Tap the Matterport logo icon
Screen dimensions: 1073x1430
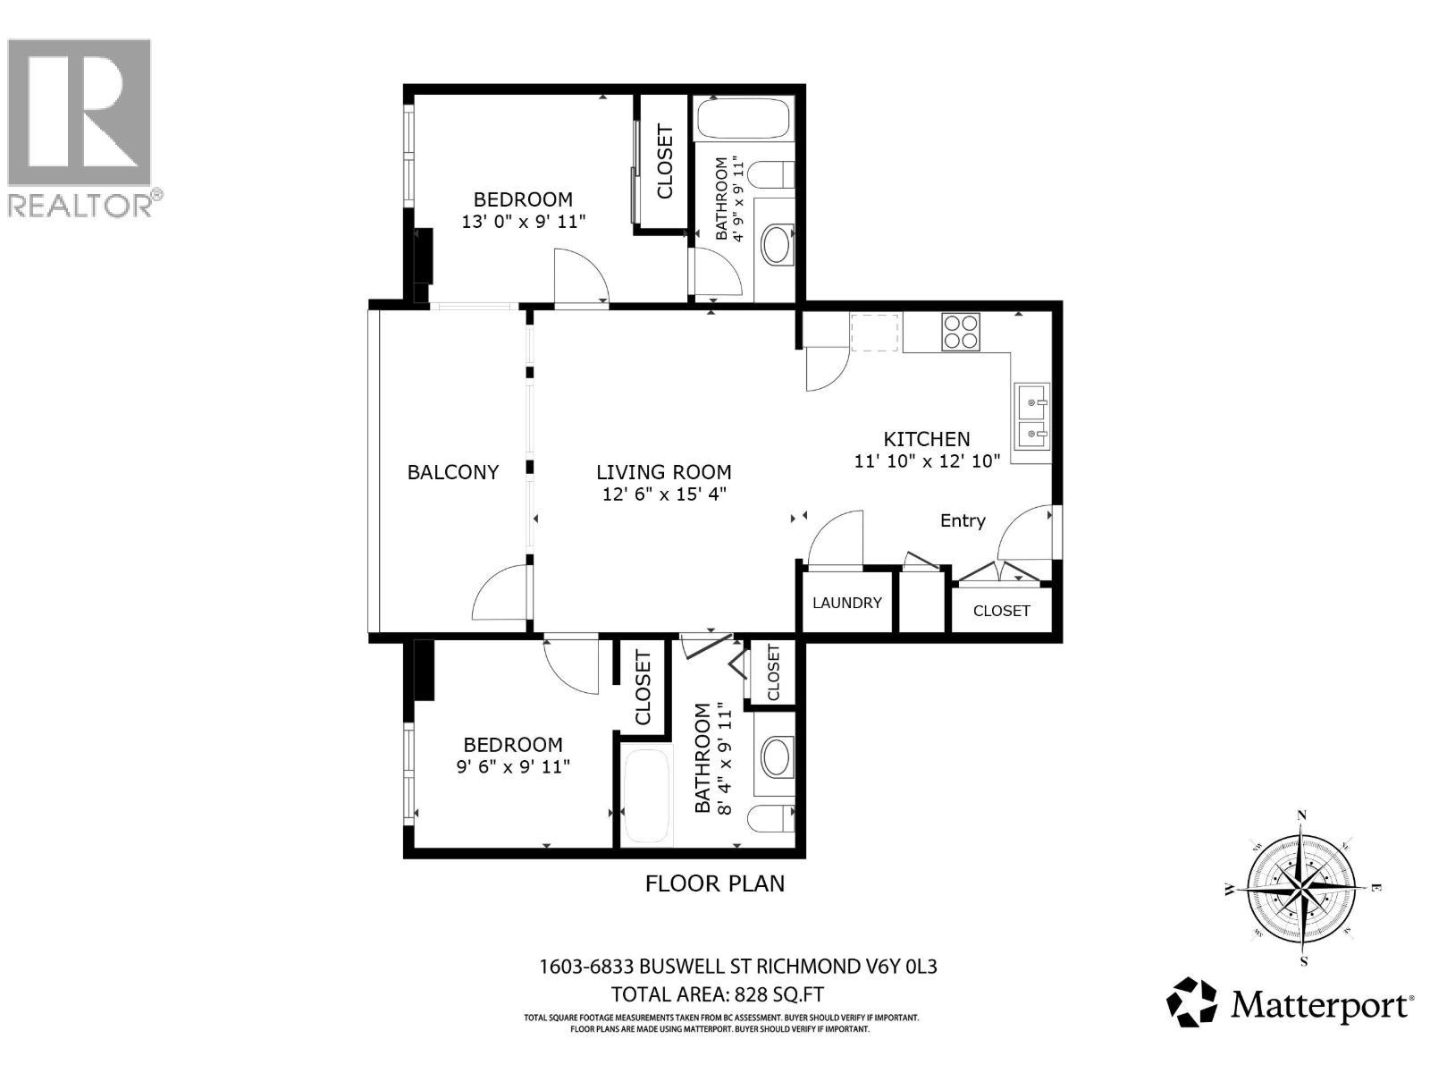[1192, 1001]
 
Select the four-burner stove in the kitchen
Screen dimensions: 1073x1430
[961, 331]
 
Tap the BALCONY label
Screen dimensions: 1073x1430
[453, 472]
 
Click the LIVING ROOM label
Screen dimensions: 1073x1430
[664, 472]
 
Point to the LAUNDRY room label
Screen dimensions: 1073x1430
[846, 603]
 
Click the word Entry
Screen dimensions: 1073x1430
[963, 520]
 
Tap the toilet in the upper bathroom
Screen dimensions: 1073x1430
[771, 174]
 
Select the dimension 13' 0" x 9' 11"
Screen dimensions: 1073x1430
[523, 221]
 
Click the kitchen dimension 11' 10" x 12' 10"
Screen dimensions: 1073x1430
[927, 461]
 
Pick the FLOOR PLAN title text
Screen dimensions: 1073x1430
[715, 883]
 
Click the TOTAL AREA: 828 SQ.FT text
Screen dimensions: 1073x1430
[717, 994]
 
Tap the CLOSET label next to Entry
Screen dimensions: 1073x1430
[1001, 611]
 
